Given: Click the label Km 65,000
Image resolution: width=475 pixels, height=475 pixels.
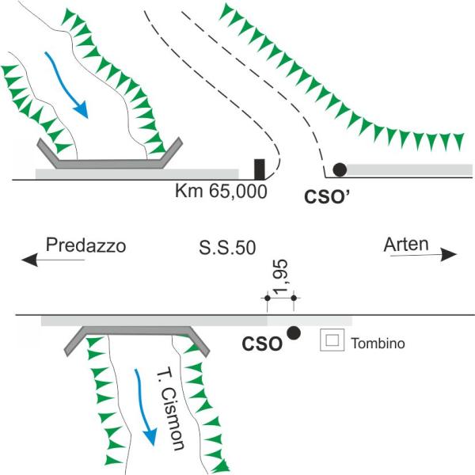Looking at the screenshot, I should pyautogui.click(x=220, y=192).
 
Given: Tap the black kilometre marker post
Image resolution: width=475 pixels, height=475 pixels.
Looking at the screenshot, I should pyautogui.click(x=259, y=169).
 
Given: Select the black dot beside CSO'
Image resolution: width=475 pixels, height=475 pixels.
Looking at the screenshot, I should pyautogui.click(x=340, y=169).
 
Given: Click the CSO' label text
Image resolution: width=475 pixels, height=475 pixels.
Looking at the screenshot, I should pyautogui.click(x=332, y=192).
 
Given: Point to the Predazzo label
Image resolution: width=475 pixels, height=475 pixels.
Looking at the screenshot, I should pyautogui.click(x=85, y=245).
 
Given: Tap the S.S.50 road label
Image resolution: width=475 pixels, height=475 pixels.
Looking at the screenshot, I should pyautogui.click(x=227, y=247).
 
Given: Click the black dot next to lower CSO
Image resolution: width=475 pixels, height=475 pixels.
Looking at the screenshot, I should pyautogui.click(x=293, y=333).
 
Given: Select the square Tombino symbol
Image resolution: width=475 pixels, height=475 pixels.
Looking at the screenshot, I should pyautogui.click(x=331, y=340).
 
